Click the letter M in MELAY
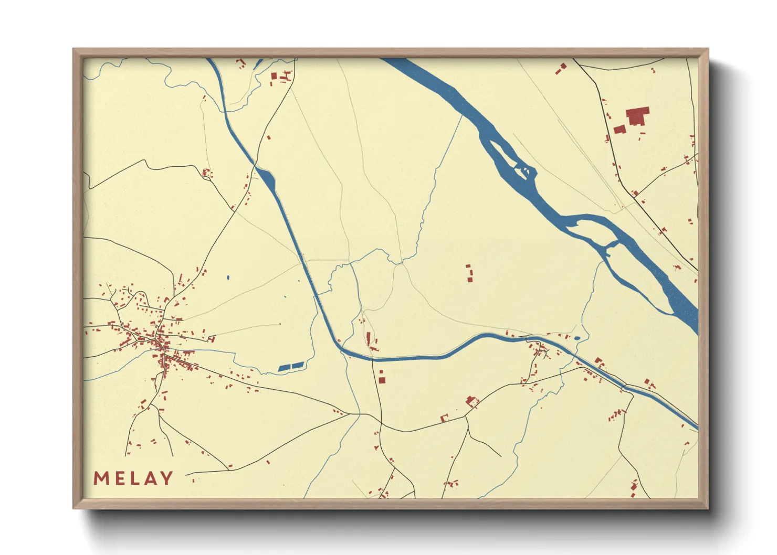tap(101, 478)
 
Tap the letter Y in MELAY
tap(166, 478)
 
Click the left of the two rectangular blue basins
tap(284, 368)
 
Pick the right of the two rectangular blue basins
tap(298, 365)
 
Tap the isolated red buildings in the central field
tap(469, 274)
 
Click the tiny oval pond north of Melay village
tap(228, 277)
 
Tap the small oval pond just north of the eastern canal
tap(577, 338)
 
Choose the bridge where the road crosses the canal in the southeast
tap(624, 388)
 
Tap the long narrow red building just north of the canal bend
tap(369, 338)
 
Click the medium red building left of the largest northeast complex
tap(619, 130)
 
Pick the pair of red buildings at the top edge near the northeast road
tap(561, 68)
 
